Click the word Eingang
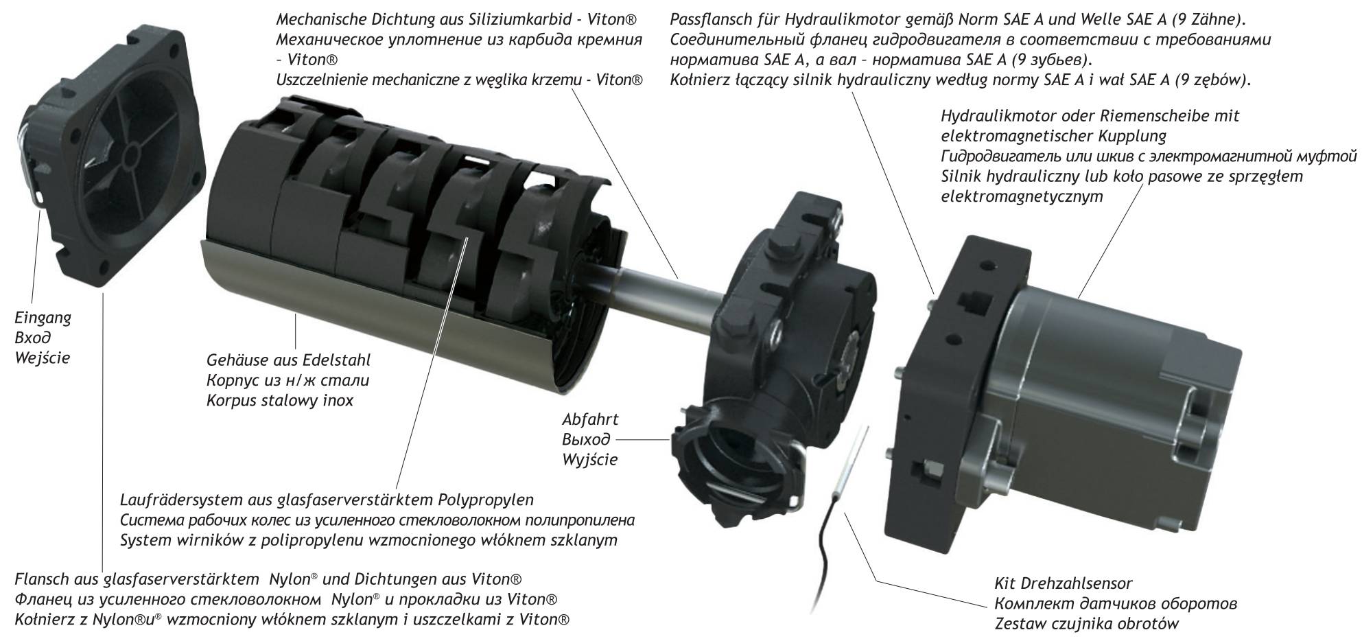tap(43, 318)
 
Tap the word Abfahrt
tap(590, 419)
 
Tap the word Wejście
tap(43, 358)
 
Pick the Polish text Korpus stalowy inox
tap(280, 400)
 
